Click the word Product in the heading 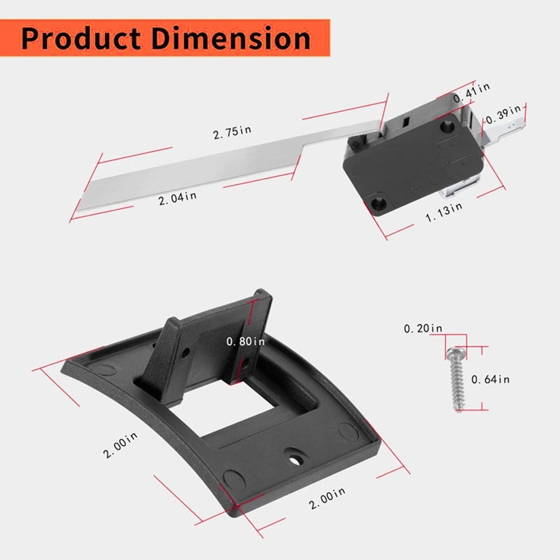coord(81,38)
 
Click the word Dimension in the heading coord(231,38)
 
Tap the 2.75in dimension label coord(232,132)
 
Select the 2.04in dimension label coord(177,198)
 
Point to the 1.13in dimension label coord(444,212)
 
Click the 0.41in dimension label coord(472,92)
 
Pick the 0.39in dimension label coord(503,114)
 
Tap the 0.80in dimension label coord(246,342)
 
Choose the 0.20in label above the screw coord(423,328)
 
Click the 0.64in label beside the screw coord(491,379)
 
